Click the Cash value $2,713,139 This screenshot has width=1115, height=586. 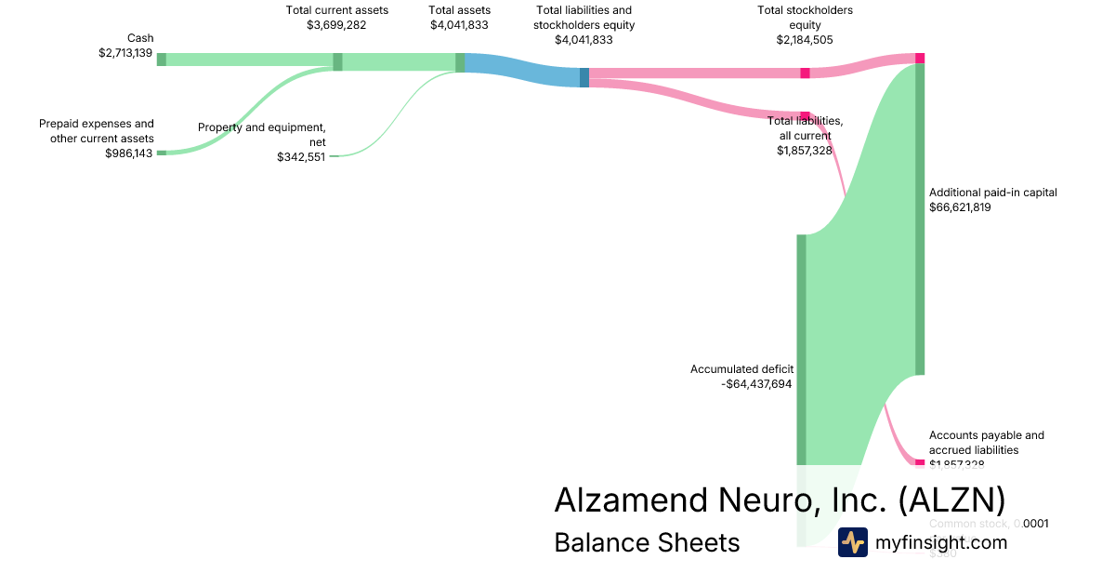[126, 53]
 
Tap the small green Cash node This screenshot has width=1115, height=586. [161, 60]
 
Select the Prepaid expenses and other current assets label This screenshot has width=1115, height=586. [97, 130]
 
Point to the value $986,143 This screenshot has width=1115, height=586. [129, 153]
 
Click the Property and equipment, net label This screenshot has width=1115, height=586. [262, 134]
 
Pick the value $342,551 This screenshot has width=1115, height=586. [301, 157]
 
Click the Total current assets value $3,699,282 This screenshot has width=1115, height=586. [336, 25]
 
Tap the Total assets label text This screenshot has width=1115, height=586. [459, 10]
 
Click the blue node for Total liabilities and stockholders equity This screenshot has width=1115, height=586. [584, 77]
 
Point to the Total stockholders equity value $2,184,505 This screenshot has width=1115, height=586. [805, 40]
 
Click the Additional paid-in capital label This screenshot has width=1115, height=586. [993, 193]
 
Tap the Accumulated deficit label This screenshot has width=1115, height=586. [741, 369]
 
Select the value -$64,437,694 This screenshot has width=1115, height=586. [756, 383]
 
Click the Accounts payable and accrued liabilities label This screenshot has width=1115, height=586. [986, 442]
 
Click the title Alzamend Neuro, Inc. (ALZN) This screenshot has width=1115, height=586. [780, 499]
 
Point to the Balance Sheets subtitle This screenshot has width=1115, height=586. [647, 542]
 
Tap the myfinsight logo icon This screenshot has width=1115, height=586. [853, 542]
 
